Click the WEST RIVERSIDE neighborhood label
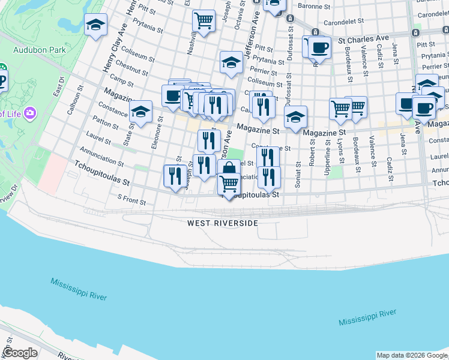[x=222, y=223]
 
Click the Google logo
[x=20, y=353]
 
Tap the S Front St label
[x=131, y=200]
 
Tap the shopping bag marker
[x=229, y=169]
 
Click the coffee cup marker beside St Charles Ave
[x=319, y=47]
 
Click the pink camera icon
[x=28, y=112]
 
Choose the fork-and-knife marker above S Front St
[x=175, y=176]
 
